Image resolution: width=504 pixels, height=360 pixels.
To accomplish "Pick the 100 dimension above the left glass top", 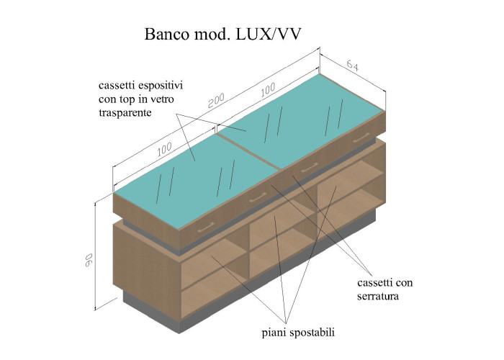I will pyautogui.click(x=164, y=149).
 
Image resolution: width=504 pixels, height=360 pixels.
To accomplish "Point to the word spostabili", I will pyautogui.click(x=310, y=333).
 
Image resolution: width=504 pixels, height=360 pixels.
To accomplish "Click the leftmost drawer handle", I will pyautogui.click(x=204, y=229).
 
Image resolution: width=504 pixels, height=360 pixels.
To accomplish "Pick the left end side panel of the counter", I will pyautogui.click(x=148, y=263).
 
